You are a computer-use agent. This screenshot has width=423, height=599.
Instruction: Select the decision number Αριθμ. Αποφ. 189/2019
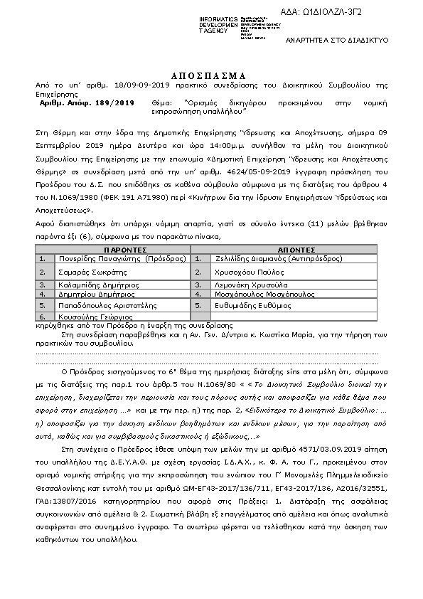coord(87,103)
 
